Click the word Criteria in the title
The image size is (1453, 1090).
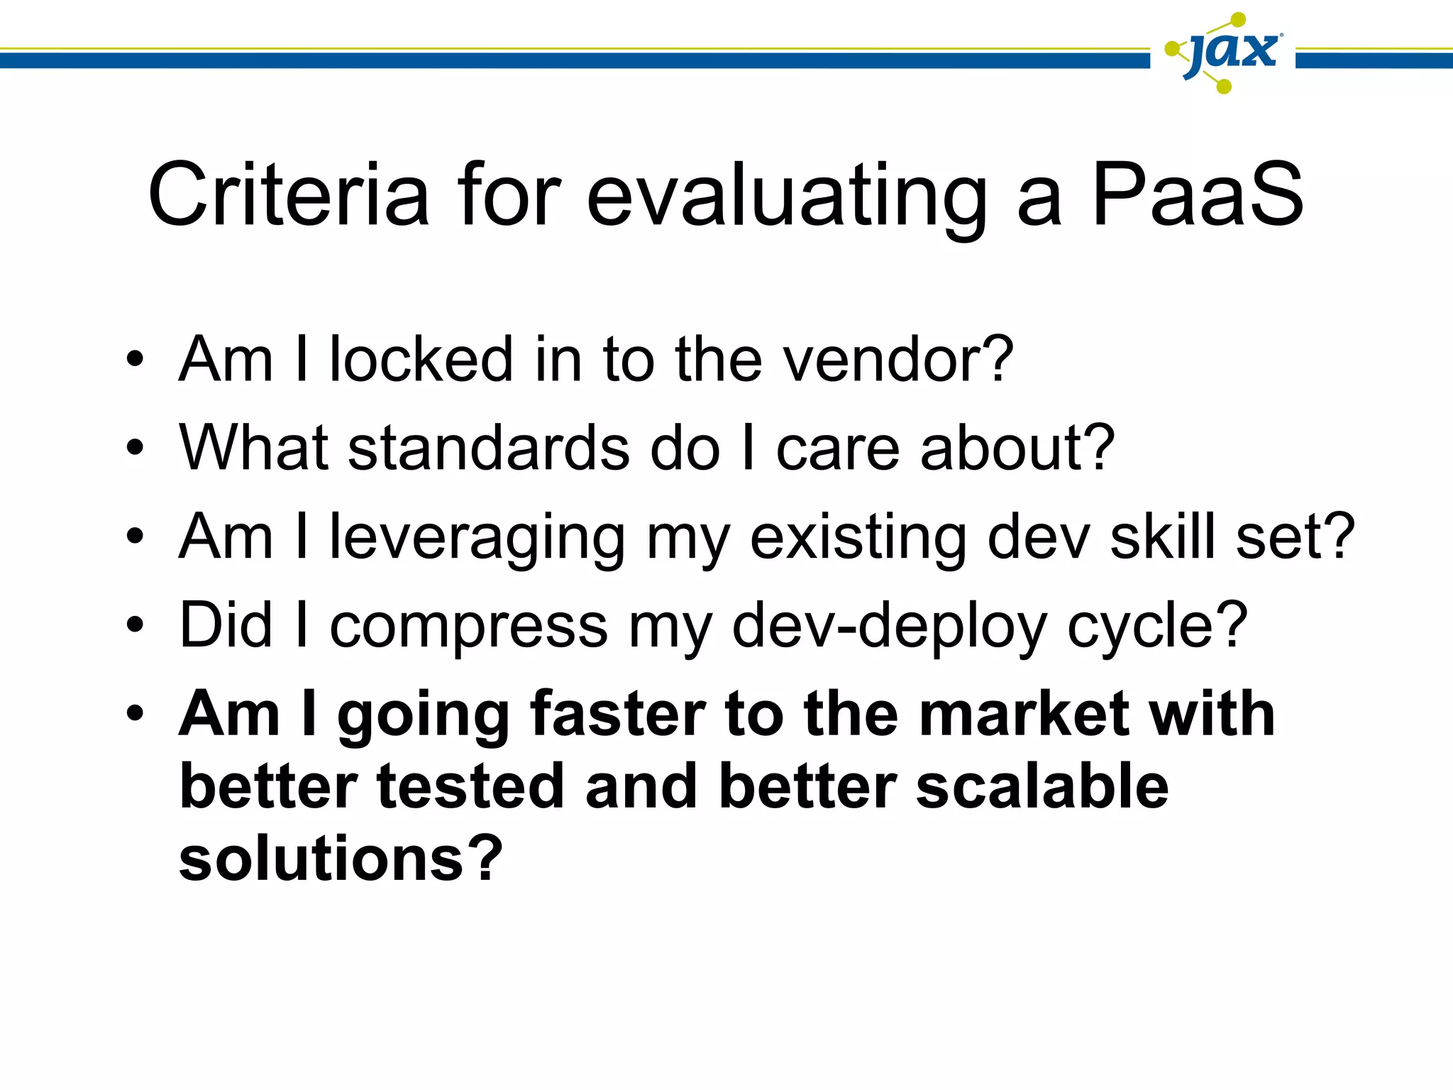288,194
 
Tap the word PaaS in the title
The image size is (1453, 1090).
1197,194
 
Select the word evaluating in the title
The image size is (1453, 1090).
787,196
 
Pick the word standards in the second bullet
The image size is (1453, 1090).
489,448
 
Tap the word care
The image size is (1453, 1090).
838,449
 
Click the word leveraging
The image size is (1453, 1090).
477,538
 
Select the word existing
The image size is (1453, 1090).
858,538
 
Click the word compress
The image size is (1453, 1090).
468,626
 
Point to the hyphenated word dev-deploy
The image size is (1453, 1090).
890,626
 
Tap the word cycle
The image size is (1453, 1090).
1156,626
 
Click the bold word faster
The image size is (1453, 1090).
617,714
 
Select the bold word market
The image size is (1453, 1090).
1024,714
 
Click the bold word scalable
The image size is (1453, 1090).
1042,787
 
